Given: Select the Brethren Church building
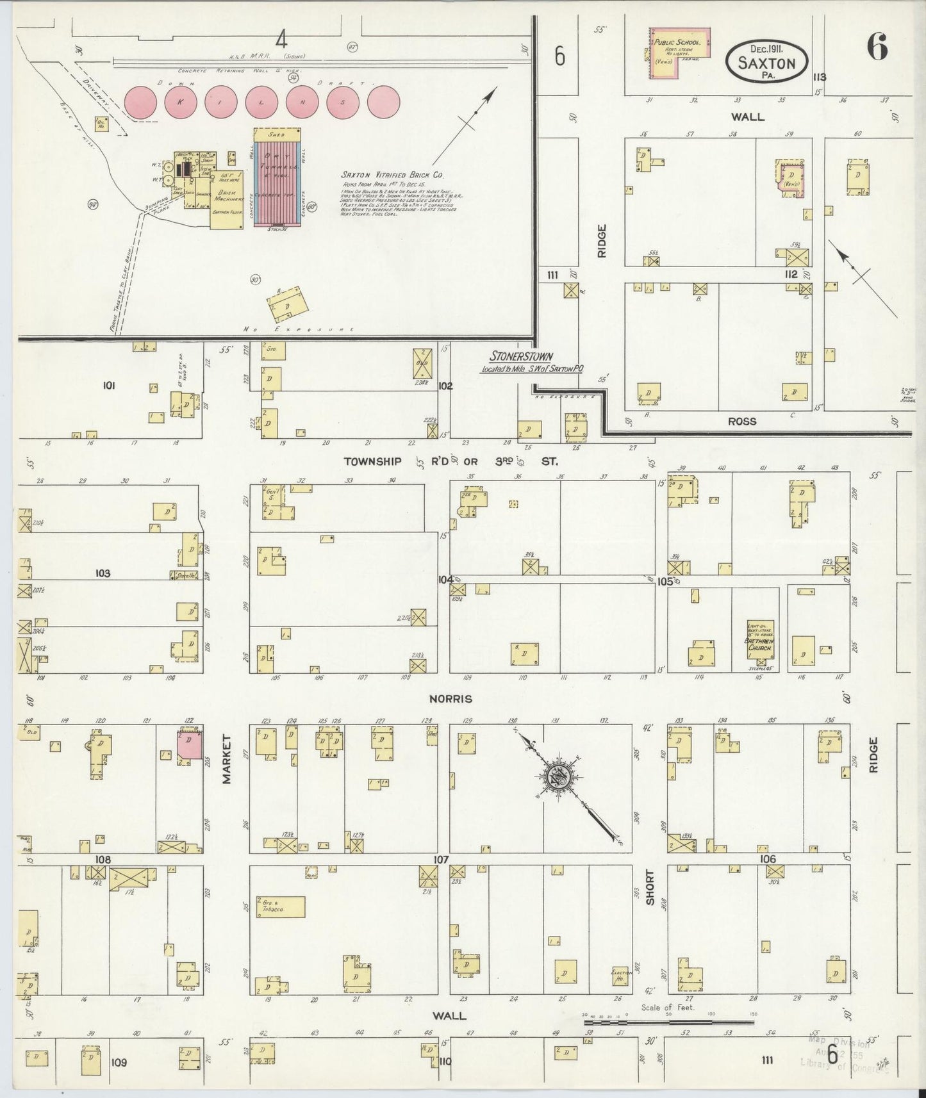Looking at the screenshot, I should click(761, 641).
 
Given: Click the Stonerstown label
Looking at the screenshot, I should click(522, 356).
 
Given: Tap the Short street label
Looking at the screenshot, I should click(649, 887).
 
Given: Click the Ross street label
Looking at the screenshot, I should click(742, 422).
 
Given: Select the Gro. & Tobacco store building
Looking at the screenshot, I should click(279, 906).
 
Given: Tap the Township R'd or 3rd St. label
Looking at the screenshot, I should click(451, 461).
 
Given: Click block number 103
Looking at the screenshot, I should click(103, 573).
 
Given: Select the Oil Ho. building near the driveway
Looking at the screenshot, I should click(101, 124).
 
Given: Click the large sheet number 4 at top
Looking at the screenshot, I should click(281, 40).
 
